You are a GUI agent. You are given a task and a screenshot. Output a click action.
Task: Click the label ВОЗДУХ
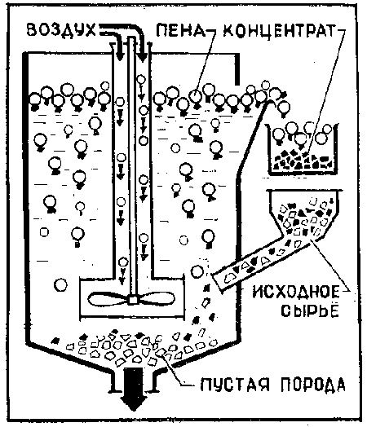click(x=61, y=29)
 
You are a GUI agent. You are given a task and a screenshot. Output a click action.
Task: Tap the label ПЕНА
click(x=180, y=30)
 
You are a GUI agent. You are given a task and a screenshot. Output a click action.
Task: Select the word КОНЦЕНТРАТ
click(x=278, y=30)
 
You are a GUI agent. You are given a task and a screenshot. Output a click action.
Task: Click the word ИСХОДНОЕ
click(x=296, y=293)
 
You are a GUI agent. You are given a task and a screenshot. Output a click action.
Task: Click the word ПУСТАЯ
click(x=235, y=385)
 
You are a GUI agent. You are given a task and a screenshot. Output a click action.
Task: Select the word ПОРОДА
click(x=313, y=385)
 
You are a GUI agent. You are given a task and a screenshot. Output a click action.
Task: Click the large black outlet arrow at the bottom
click(x=134, y=389)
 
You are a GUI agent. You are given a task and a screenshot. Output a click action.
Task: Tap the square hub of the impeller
click(x=133, y=300)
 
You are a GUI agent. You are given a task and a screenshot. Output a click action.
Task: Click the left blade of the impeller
click(x=108, y=299)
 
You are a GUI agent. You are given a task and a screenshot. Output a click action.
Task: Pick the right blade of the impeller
click(x=156, y=299)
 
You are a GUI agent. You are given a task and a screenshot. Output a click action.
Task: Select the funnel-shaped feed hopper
click(x=304, y=213)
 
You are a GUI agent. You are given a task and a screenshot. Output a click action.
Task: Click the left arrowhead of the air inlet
click(x=119, y=57)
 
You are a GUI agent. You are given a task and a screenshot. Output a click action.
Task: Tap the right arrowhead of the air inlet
click(x=141, y=58)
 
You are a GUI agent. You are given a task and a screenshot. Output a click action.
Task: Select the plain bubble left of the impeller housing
click(x=60, y=285)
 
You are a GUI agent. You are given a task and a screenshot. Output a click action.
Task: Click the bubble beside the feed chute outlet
click(x=197, y=271)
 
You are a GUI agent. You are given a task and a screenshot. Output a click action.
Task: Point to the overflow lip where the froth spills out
click(x=270, y=102)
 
